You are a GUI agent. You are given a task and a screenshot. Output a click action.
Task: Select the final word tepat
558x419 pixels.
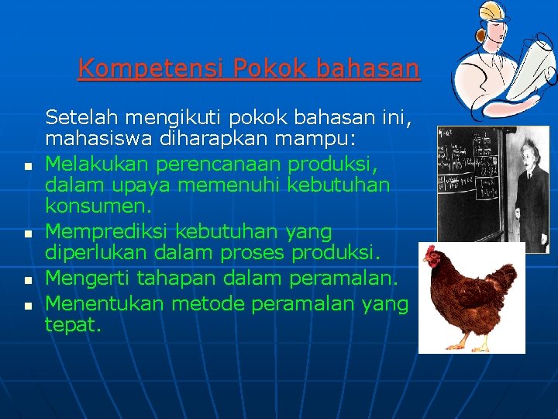coord(73,325)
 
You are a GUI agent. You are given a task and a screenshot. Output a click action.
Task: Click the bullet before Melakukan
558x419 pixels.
coord(27,167)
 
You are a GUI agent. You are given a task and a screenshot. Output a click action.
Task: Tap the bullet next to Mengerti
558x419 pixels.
coord(27,279)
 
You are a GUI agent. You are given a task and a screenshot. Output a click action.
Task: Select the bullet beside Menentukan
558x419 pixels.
coord(27,306)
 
